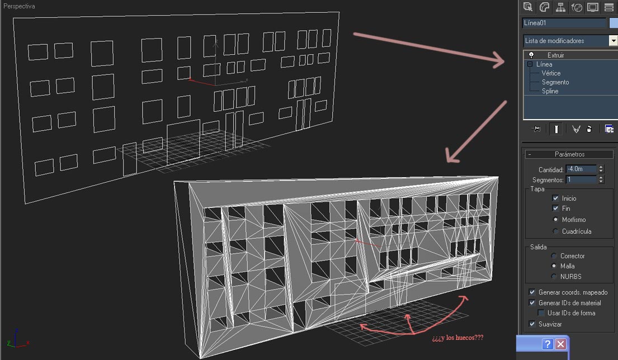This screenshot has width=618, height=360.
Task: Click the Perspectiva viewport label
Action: (x=19, y=6)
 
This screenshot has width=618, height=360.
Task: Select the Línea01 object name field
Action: (x=564, y=23)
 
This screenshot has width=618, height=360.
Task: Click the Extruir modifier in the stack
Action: (x=555, y=55)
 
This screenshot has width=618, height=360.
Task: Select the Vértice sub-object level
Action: (x=550, y=73)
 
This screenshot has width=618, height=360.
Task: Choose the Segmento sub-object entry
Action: (x=555, y=82)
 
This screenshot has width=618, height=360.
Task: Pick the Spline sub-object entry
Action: (x=550, y=91)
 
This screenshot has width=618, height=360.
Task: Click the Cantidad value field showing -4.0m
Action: (x=581, y=169)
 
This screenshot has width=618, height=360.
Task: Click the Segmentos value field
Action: (x=581, y=179)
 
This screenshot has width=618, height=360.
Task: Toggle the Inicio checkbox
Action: (x=555, y=198)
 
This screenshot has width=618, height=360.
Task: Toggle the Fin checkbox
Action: (x=555, y=209)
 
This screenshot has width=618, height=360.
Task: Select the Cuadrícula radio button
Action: (x=555, y=231)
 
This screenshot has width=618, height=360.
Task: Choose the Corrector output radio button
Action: (x=554, y=256)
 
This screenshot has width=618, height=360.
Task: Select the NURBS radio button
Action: (x=554, y=277)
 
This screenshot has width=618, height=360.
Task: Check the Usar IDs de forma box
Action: (x=541, y=313)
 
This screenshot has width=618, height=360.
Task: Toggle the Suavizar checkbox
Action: (x=532, y=324)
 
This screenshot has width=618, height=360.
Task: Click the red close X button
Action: (x=560, y=344)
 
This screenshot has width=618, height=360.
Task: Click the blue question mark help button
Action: (x=548, y=344)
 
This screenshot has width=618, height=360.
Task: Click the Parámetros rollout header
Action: (x=569, y=154)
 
